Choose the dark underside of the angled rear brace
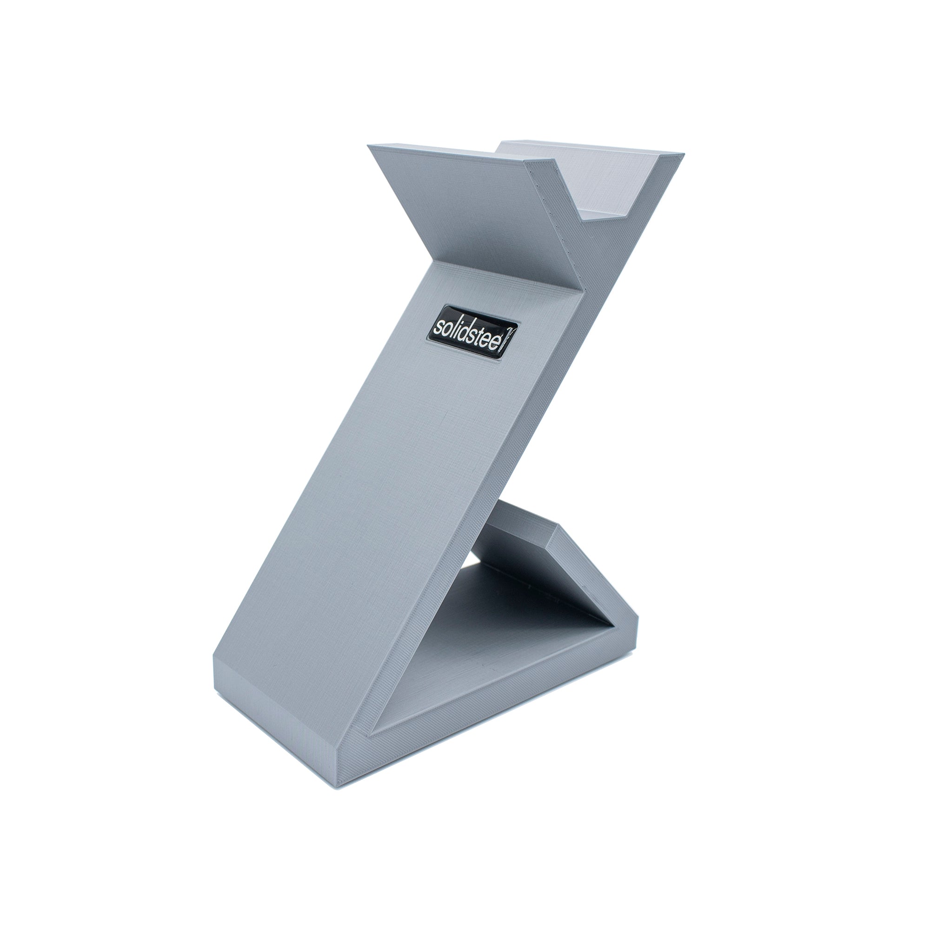(x=530, y=553)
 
